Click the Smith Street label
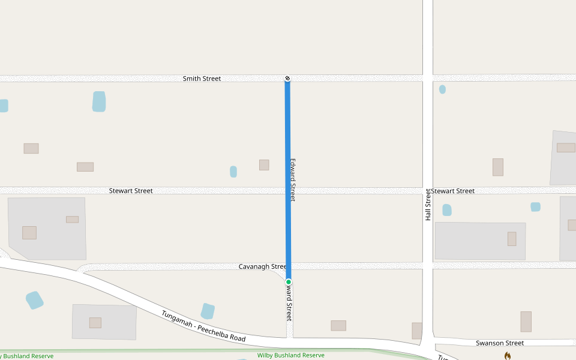click(202, 79)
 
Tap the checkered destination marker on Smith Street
click(287, 78)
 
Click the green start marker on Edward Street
click(289, 282)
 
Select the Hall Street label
click(428, 205)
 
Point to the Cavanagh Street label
click(262, 266)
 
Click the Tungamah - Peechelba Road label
click(203, 326)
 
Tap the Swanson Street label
click(499, 343)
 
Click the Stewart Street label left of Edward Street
click(131, 191)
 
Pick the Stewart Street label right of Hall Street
click(453, 191)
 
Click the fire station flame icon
click(508, 355)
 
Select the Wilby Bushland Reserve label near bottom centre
click(290, 355)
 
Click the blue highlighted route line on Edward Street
click(288, 180)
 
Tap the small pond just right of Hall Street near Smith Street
click(442, 89)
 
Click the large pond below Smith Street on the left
click(99, 101)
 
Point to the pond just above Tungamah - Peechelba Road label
click(208, 311)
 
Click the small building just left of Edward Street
click(264, 165)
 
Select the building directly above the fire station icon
click(526, 322)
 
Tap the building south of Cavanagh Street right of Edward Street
click(338, 326)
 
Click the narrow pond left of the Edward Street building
click(233, 172)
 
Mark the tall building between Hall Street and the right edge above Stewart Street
click(497, 167)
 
